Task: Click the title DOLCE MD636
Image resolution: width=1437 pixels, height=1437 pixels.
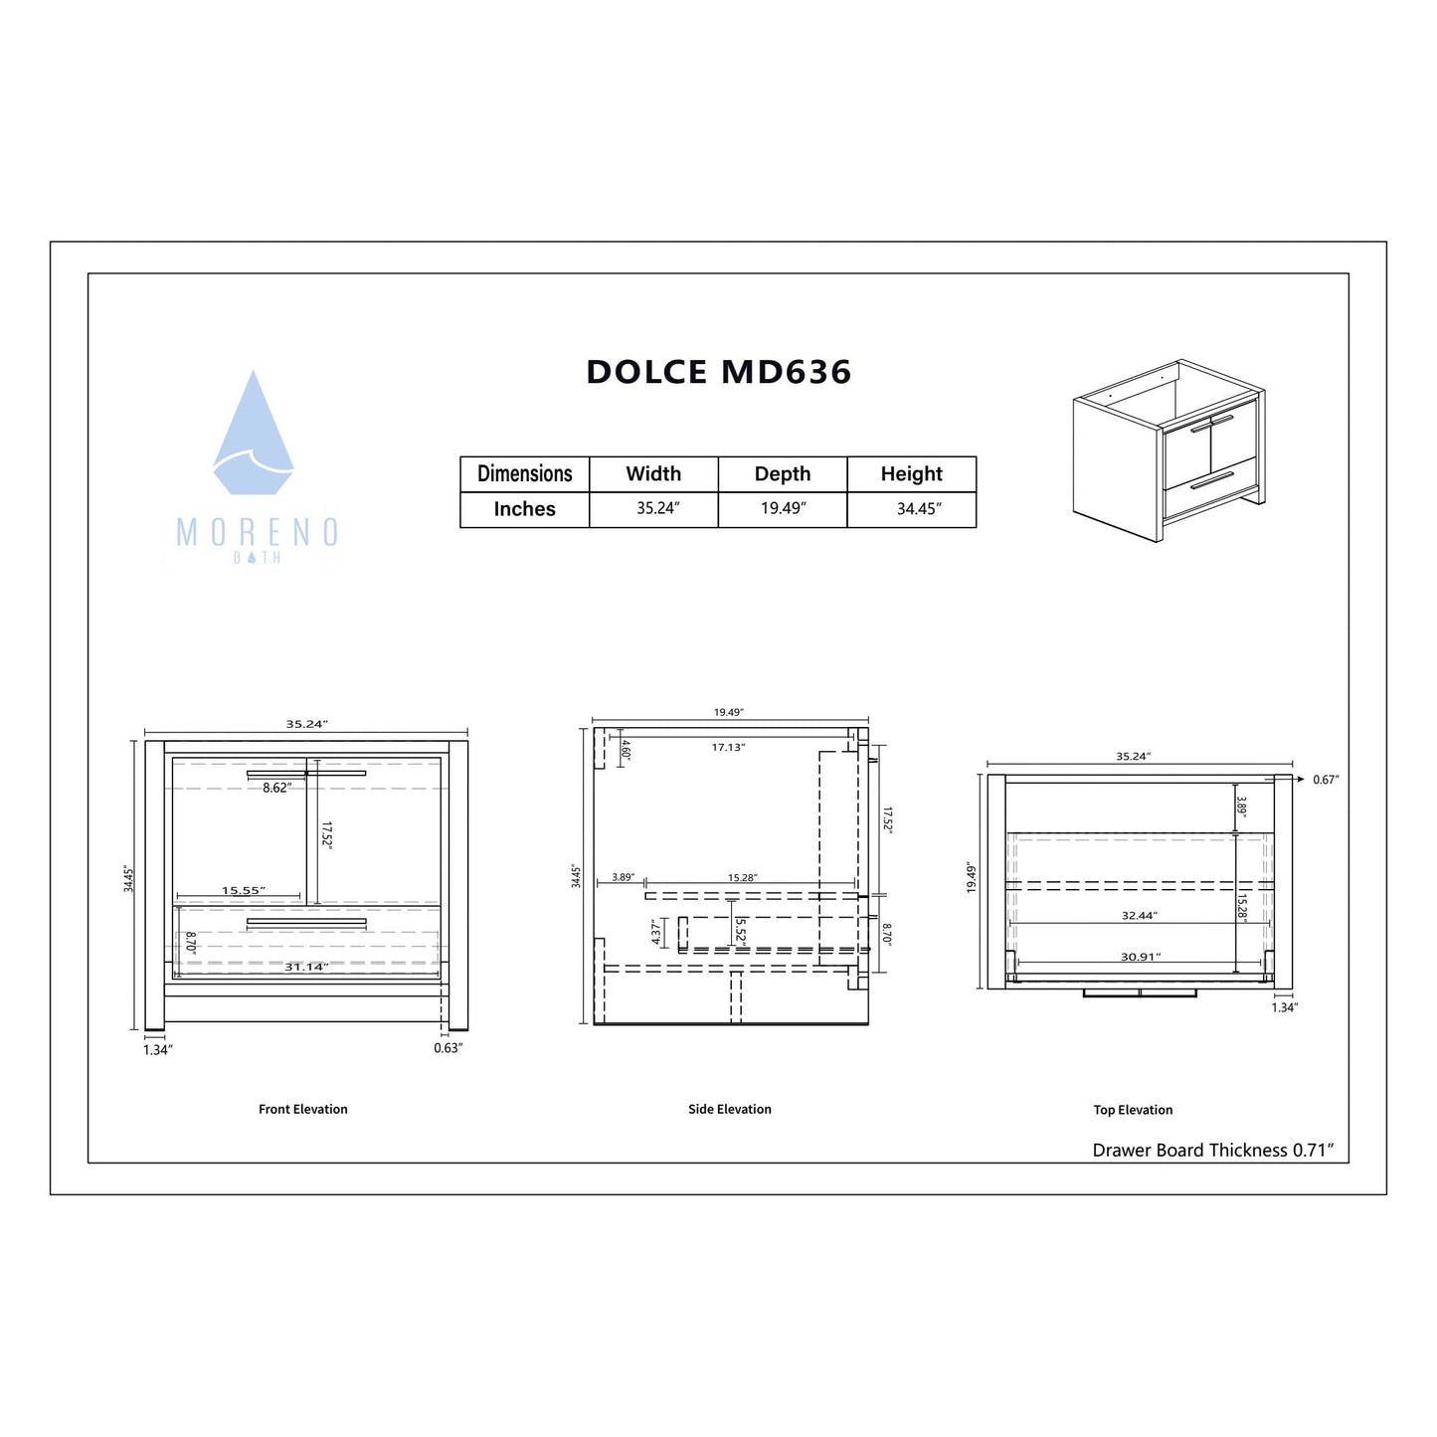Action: (x=718, y=372)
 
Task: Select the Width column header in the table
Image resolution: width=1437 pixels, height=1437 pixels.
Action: (x=653, y=473)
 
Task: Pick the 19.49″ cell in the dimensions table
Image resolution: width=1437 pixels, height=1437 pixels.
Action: (x=783, y=508)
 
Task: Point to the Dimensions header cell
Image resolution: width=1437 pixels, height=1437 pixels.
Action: (x=524, y=473)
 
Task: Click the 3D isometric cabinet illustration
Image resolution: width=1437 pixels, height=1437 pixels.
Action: (x=1168, y=450)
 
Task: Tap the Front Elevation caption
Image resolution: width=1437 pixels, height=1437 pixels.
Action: (x=302, y=1109)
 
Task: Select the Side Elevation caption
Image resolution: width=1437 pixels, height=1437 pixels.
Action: (x=729, y=1109)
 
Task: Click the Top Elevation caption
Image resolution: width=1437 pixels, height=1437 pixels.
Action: (x=1133, y=1110)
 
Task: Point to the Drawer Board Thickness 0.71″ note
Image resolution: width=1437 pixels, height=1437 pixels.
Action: (x=1212, y=1150)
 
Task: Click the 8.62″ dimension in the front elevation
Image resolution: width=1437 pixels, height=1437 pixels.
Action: (x=276, y=788)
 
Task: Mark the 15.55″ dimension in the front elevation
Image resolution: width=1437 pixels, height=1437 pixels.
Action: (x=243, y=890)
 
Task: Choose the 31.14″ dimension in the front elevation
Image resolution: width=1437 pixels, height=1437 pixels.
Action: (x=306, y=967)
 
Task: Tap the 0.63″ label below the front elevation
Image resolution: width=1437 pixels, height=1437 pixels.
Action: (x=448, y=1048)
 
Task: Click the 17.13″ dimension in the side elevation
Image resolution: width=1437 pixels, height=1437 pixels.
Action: (x=728, y=747)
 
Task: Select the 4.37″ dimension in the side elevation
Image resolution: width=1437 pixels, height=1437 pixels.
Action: (x=655, y=932)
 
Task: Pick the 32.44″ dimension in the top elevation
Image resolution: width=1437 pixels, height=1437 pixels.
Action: (x=1139, y=915)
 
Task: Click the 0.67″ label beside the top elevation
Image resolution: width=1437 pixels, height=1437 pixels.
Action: (x=1325, y=780)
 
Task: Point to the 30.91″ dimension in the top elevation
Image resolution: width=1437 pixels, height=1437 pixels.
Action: (x=1140, y=957)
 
